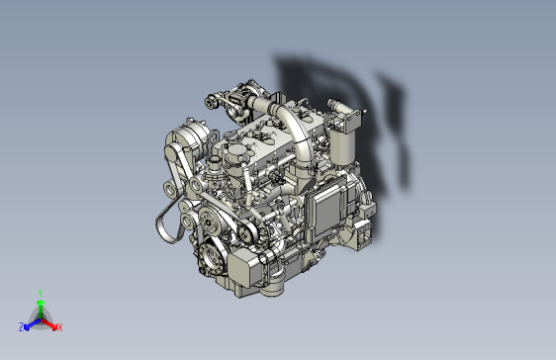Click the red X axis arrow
tap(51, 322)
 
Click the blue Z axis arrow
tap(31, 322)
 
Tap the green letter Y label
tap(40, 292)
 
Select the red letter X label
tap(59, 326)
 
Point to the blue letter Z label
tap(21, 326)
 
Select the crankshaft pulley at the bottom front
tap(210, 261)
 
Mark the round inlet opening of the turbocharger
tap(212, 101)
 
